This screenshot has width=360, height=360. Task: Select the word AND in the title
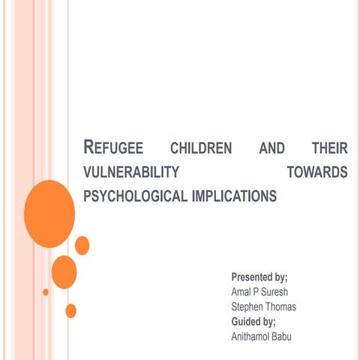pyautogui.click(x=271, y=149)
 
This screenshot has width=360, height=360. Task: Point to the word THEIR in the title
pyautogui.click(x=328, y=149)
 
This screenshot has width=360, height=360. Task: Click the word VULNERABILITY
pyautogui.click(x=130, y=173)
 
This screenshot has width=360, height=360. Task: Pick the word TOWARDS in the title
pyautogui.click(x=317, y=173)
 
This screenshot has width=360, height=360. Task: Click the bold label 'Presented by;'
pyautogui.click(x=259, y=277)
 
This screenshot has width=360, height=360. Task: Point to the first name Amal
pyautogui.click(x=242, y=292)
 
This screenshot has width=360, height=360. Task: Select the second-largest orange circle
pyautogui.click(x=64, y=271)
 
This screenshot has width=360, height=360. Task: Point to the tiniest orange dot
pyautogui.click(x=46, y=292)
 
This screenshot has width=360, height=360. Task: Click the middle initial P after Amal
pyautogui.click(x=259, y=292)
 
